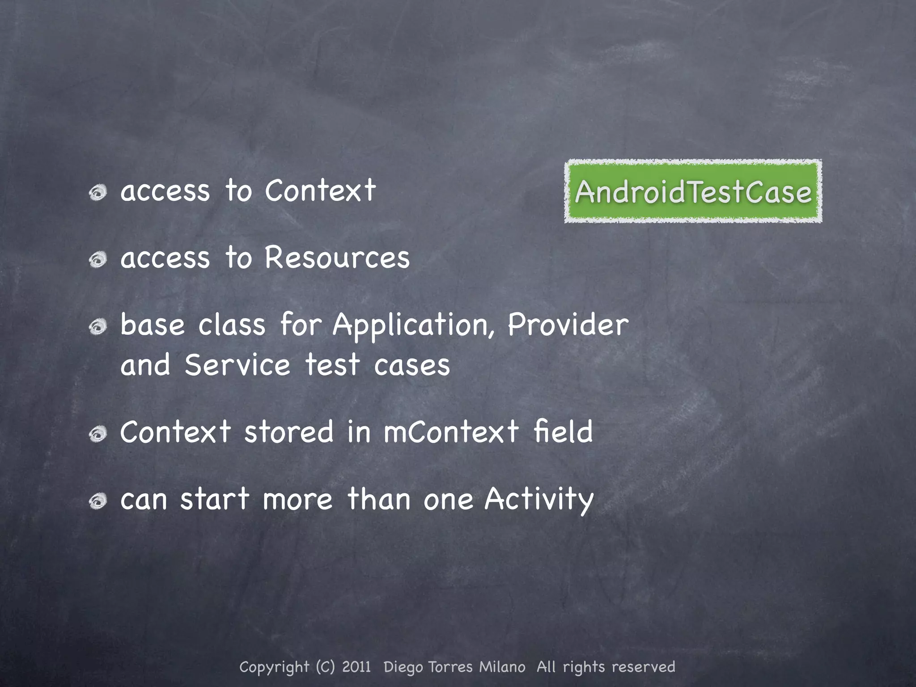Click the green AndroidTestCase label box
(x=693, y=191)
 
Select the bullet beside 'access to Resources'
(x=98, y=260)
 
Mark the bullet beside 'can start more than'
(x=98, y=501)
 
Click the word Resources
(x=337, y=258)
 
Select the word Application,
(x=414, y=325)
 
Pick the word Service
(x=237, y=365)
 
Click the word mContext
(x=451, y=432)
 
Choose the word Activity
(x=539, y=500)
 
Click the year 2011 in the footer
(x=356, y=667)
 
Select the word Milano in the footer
(x=502, y=667)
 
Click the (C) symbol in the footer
(x=325, y=667)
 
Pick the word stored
(x=289, y=432)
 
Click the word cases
(x=412, y=365)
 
